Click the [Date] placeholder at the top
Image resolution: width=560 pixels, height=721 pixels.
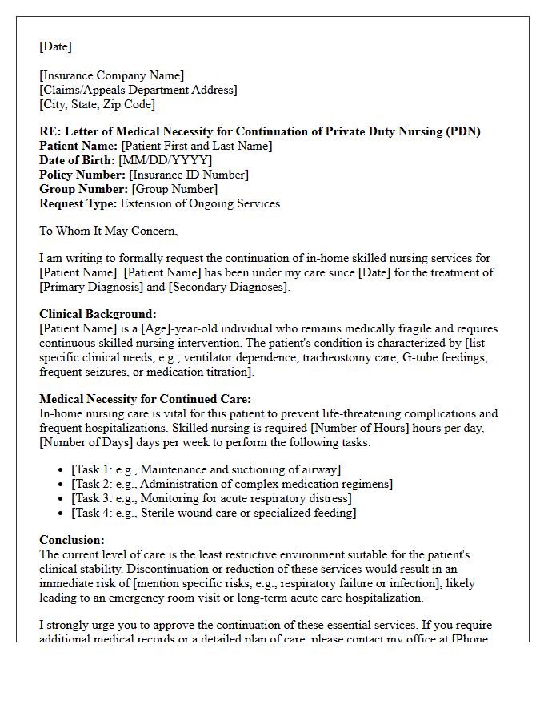click(x=55, y=46)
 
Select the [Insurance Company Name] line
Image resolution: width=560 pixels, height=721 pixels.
click(x=111, y=75)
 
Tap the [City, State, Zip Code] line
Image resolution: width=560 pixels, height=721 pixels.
click(x=97, y=104)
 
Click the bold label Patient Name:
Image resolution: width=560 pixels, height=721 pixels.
click(x=78, y=146)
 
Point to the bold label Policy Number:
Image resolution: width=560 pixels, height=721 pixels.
click(x=82, y=175)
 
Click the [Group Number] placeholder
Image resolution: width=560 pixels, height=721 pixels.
click(x=174, y=189)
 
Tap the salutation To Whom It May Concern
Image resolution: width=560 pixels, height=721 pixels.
click(x=108, y=231)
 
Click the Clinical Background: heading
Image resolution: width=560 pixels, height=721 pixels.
click(x=98, y=314)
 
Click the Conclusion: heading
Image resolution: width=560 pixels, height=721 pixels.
click(x=72, y=540)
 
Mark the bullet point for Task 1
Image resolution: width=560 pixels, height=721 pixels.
click(x=62, y=469)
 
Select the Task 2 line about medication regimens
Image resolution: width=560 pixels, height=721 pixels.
click(x=232, y=484)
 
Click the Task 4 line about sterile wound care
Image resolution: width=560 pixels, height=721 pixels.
click(x=214, y=513)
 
